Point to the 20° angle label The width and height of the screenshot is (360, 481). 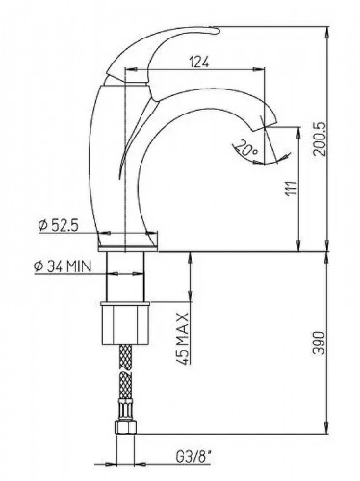point(249,150)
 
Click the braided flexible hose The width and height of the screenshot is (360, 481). point(126,385)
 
